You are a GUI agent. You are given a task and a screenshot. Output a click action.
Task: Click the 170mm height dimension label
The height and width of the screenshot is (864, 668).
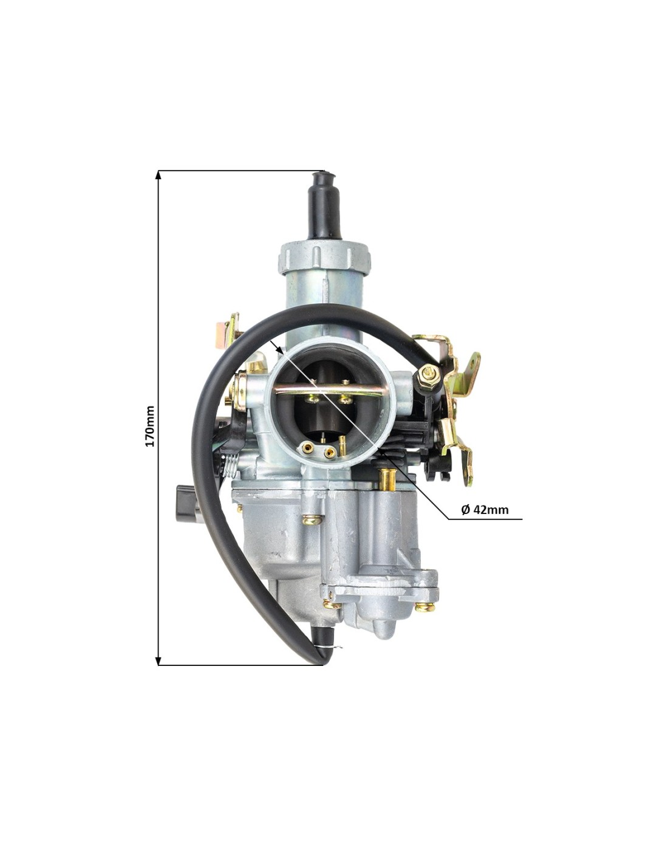click(150, 425)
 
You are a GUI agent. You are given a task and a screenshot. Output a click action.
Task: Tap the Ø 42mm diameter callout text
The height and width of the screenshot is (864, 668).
click(485, 510)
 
